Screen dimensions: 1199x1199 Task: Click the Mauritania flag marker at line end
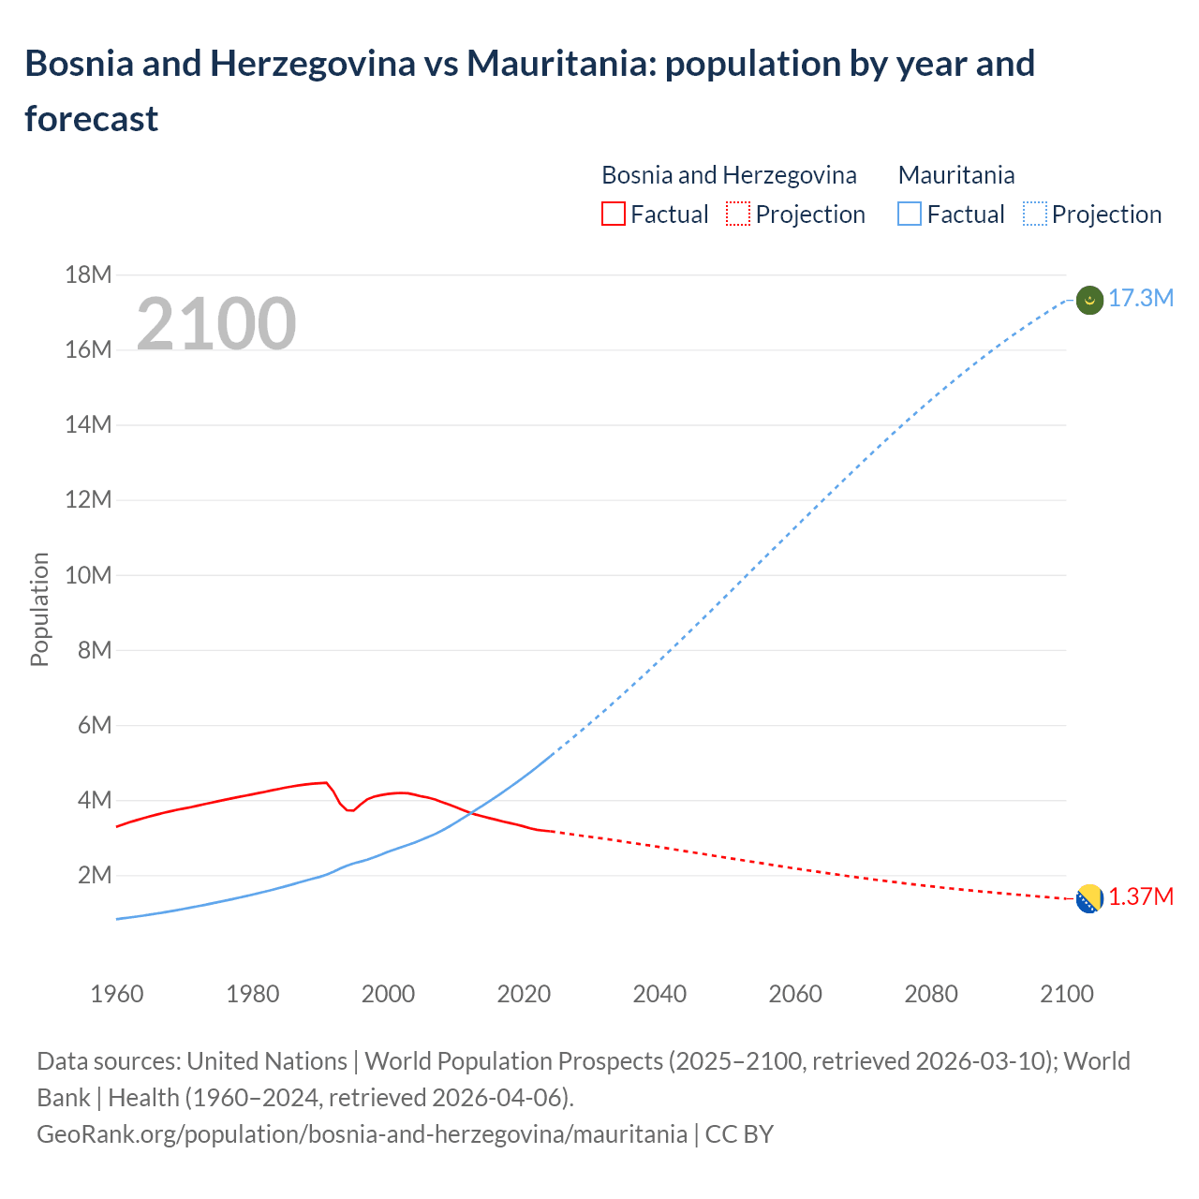pos(1089,300)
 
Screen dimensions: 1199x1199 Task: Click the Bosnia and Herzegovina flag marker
pos(1089,898)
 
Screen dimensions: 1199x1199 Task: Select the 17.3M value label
pos(1141,299)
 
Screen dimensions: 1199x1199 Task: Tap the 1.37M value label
pos(1141,897)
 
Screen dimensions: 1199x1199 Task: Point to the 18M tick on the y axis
pos(88,274)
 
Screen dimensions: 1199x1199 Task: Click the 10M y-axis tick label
pos(88,575)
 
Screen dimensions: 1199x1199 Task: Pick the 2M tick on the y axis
pos(94,876)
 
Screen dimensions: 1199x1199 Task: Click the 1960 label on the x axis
pos(117,994)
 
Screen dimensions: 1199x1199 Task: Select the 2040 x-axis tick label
pos(659,994)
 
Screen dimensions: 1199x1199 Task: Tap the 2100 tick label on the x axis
pos(1067,994)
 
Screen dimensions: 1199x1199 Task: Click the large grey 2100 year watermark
pos(216,324)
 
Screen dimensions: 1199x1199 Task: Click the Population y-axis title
pos(39,610)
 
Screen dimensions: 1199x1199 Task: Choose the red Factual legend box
pos(613,215)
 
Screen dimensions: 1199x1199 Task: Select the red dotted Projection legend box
pos(738,215)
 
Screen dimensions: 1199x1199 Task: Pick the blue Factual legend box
pos(910,215)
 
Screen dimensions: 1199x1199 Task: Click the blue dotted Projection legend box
pos(1035,215)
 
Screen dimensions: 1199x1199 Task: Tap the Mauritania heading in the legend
pos(956,175)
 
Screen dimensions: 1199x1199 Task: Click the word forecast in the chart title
pos(92,119)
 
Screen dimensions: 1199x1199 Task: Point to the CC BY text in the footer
pos(739,1134)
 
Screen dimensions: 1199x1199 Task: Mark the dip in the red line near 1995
pos(350,810)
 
